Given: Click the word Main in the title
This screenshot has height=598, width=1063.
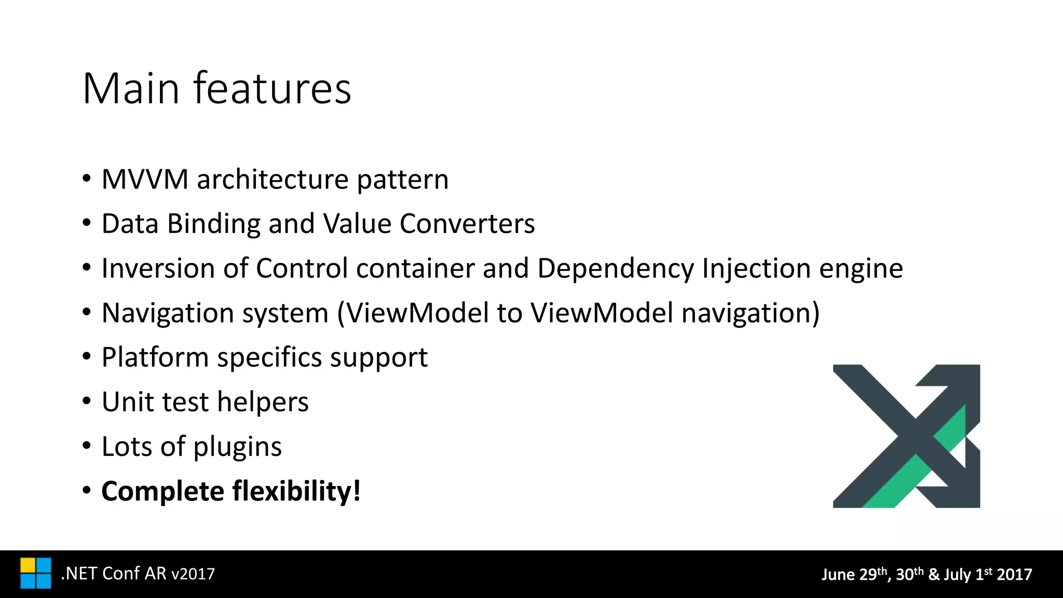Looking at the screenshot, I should (x=131, y=89).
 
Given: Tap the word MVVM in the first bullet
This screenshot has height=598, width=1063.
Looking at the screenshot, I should (x=145, y=180).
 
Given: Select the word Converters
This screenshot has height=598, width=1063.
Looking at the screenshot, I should (x=467, y=224).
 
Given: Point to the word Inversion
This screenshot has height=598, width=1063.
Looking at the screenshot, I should (x=158, y=268).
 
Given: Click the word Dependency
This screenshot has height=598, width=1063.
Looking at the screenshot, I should (x=615, y=269).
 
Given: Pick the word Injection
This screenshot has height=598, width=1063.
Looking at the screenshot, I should (x=756, y=269).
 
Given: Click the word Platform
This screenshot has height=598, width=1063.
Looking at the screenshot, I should (x=155, y=358).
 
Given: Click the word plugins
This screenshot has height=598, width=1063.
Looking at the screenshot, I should (x=238, y=447).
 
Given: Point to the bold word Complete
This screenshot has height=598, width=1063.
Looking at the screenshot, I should (x=162, y=492).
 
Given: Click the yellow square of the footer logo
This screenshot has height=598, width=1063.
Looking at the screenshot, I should (x=28, y=565).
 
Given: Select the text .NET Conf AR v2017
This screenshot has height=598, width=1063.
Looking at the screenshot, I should (x=138, y=574).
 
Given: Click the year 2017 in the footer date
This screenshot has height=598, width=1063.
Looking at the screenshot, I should (x=1014, y=575).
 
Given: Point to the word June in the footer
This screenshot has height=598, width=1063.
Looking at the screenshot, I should (x=838, y=575).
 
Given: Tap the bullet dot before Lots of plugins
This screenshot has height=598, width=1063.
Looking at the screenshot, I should (x=87, y=446).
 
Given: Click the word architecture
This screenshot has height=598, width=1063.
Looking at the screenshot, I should (x=272, y=180).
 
